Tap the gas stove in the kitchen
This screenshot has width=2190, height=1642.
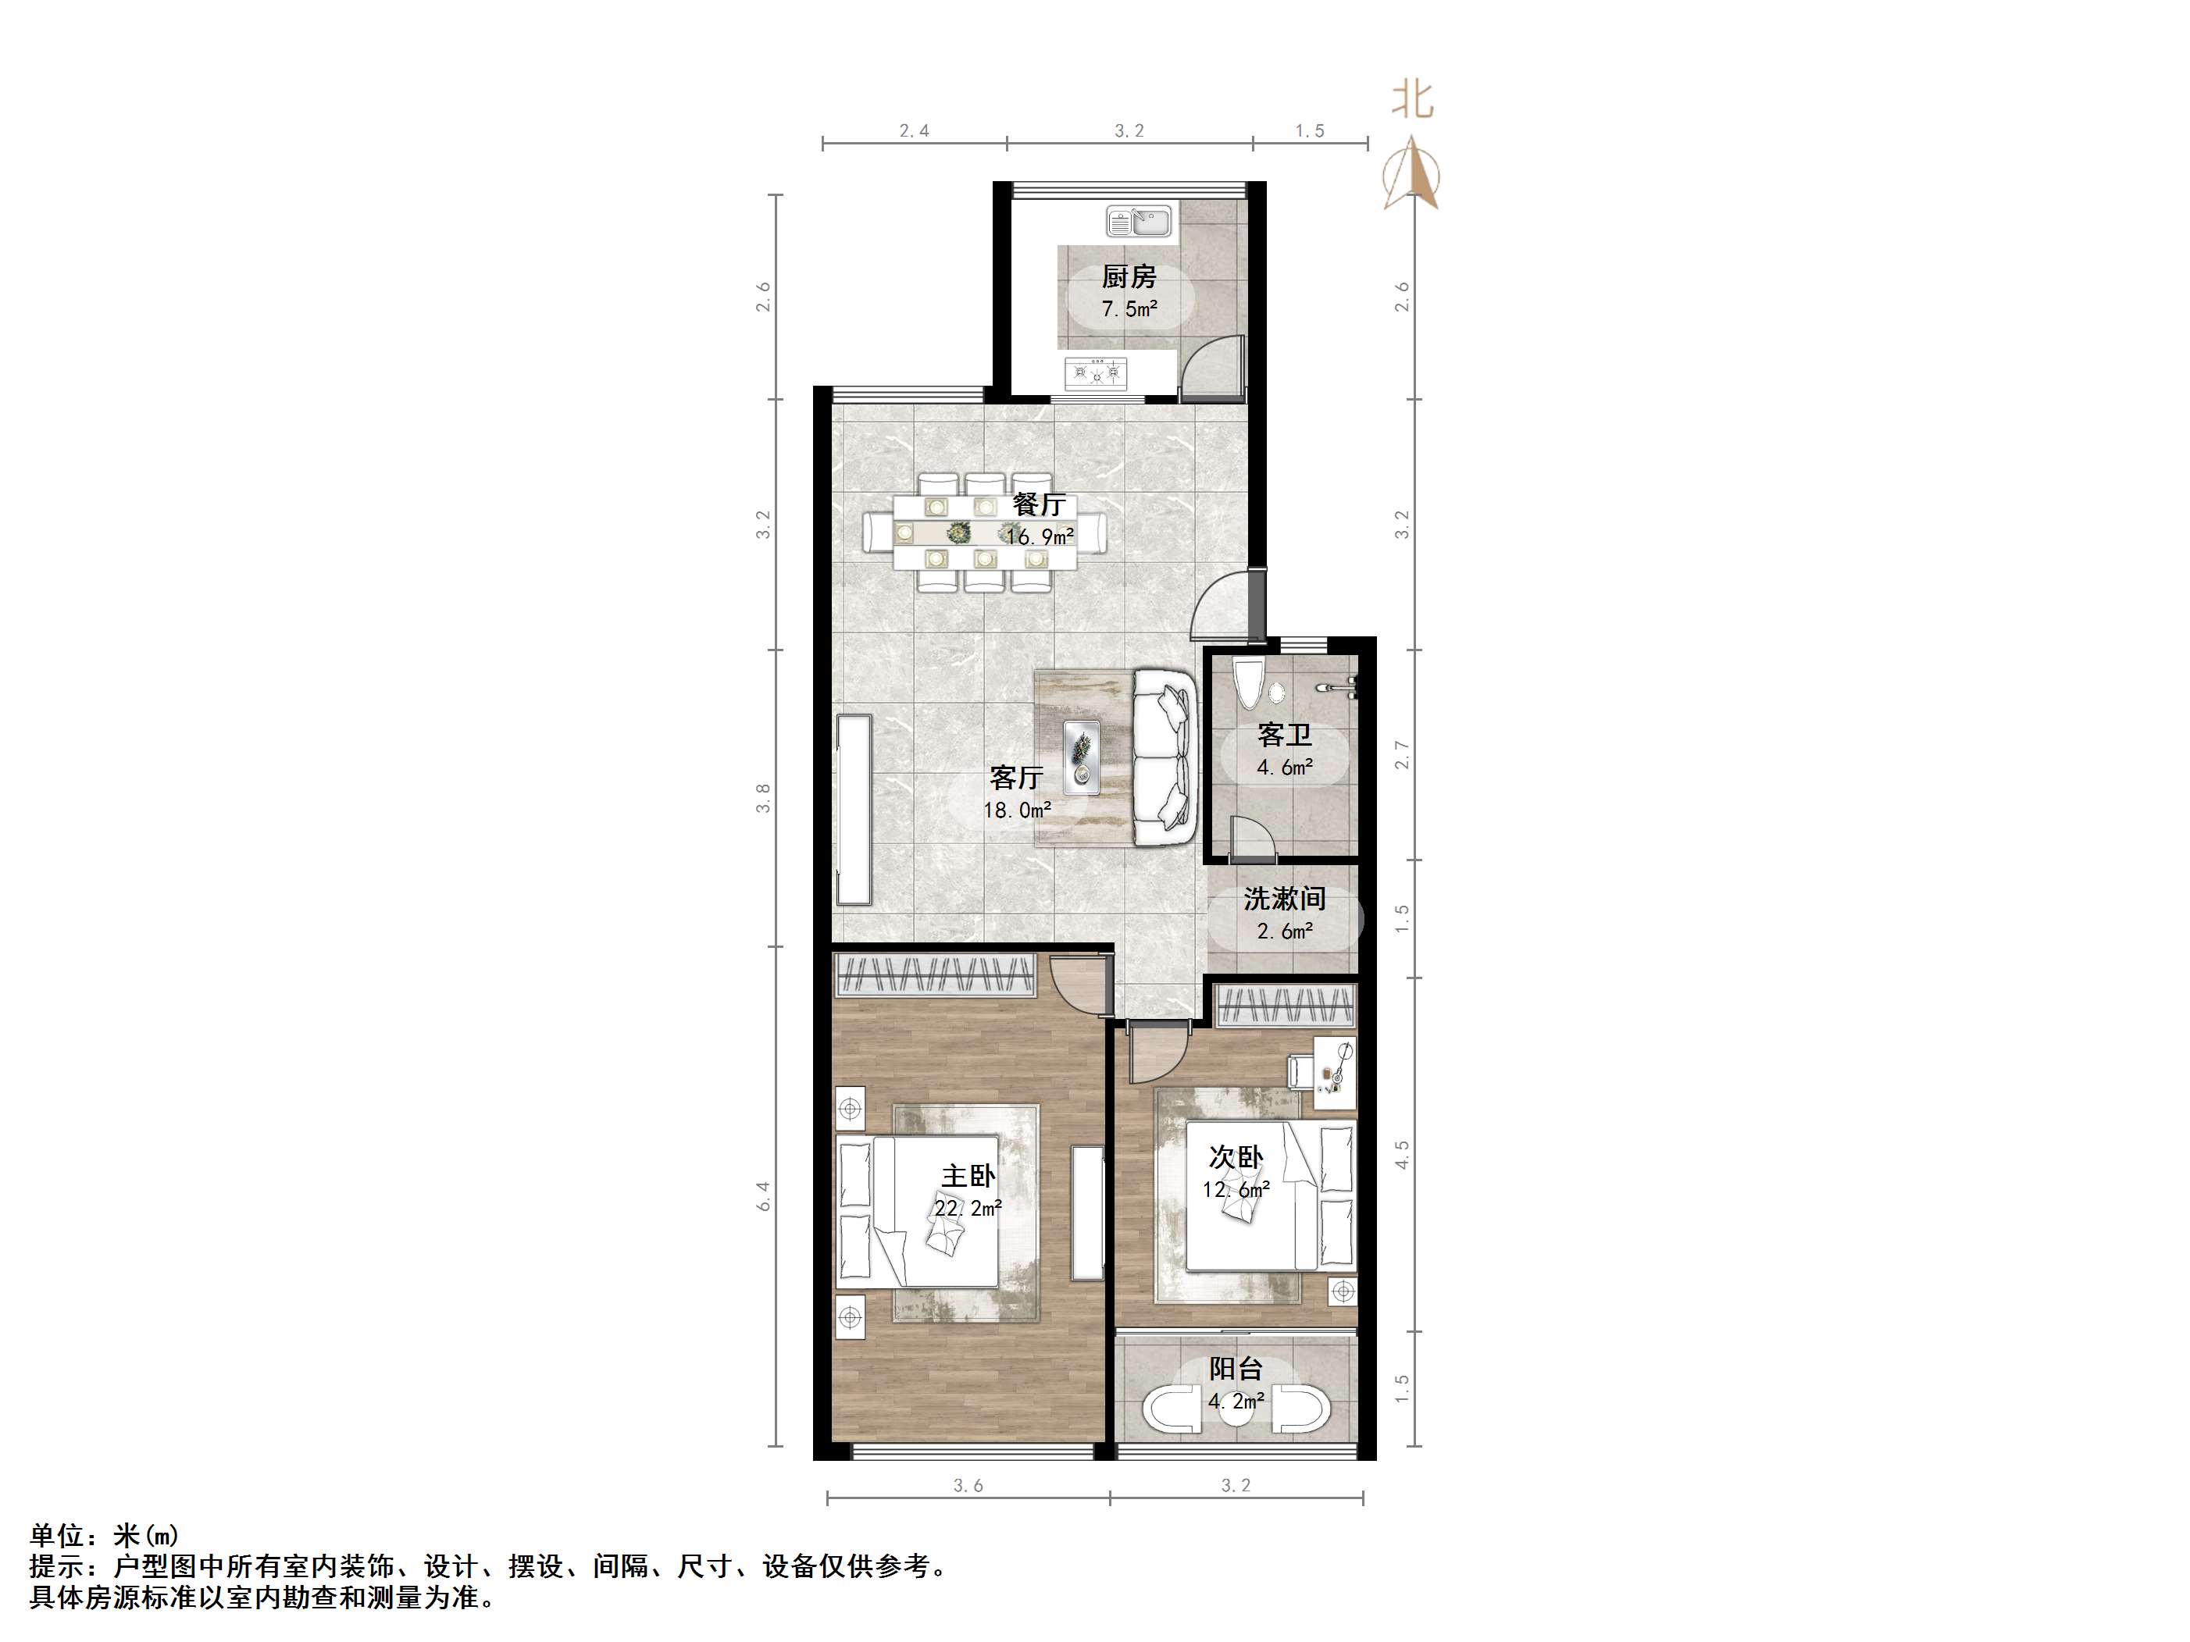point(1096,373)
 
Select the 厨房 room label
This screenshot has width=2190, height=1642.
point(1129,277)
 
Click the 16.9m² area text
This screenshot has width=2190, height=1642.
point(1040,537)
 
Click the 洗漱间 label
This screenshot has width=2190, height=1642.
point(1284,899)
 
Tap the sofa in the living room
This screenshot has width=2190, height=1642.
point(1165,758)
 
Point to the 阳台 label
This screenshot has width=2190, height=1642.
point(1236,1369)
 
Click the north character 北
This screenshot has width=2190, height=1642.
point(1413,100)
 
